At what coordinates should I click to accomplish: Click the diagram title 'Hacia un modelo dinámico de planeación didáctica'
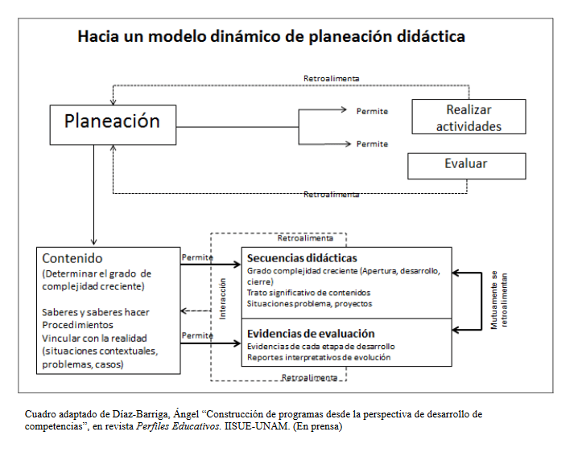tap(271, 37)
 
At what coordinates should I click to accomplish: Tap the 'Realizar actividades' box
tap(469, 117)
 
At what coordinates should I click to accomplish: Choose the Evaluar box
tap(466, 164)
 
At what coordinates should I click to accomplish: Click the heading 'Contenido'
tap(72, 258)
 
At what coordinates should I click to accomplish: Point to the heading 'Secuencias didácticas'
tap(302, 258)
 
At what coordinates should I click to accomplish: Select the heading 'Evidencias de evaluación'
tap(312, 333)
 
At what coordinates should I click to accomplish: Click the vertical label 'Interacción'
tap(223, 300)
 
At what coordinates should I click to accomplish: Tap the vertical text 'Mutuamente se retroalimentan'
tap(500, 299)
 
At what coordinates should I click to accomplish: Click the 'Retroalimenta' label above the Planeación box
tap(331, 79)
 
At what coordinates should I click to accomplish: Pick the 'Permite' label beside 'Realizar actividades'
tap(372, 111)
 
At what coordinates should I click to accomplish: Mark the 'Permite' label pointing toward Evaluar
tap(372, 144)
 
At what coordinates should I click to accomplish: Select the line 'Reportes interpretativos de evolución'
tap(319, 357)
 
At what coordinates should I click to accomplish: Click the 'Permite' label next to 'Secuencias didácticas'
tap(197, 257)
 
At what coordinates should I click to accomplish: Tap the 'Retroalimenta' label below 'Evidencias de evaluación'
tap(309, 376)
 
